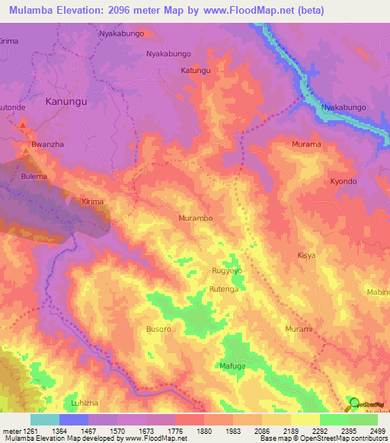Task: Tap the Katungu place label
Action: tap(195, 71)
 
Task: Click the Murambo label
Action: tap(196, 218)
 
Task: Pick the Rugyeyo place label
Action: tap(226, 270)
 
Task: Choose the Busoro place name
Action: tap(158, 330)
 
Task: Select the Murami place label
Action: tap(299, 328)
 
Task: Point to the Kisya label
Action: tap(306, 256)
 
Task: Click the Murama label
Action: tap(306, 144)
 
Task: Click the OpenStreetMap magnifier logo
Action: tap(353, 403)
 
